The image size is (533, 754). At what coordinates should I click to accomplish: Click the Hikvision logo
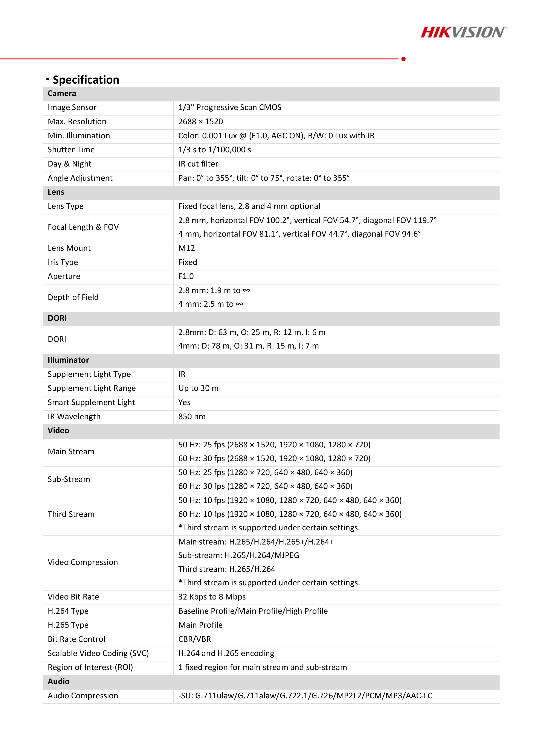click(x=463, y=32)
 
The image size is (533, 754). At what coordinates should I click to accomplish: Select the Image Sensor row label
click(x=72, y=107)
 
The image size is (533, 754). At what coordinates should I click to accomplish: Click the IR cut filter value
click(x=198, y=164)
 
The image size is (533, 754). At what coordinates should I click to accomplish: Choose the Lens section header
click(x=56, y=192)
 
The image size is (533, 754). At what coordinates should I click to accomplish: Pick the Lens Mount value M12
click(x=186, y=248)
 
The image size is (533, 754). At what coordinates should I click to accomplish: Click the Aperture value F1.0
click(x=186, y=276)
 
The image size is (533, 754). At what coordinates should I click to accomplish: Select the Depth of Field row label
click(x=73, y=297)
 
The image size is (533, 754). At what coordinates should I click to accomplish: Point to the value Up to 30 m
click(x=198, y=388)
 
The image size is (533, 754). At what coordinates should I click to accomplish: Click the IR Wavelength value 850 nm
click(x=192, y=416)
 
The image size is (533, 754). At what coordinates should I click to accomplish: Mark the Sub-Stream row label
click(x=69, y=479)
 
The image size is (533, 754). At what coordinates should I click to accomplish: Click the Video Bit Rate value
click(x=212, y=597)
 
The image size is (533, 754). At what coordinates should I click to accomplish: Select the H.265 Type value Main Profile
click(x=200, y=625)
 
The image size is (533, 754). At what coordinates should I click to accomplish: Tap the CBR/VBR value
click(x=194, y=639)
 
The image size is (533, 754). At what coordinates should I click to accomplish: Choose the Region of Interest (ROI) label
click(x=90, y=667)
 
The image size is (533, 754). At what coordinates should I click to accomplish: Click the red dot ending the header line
click(x=403, y=59)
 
